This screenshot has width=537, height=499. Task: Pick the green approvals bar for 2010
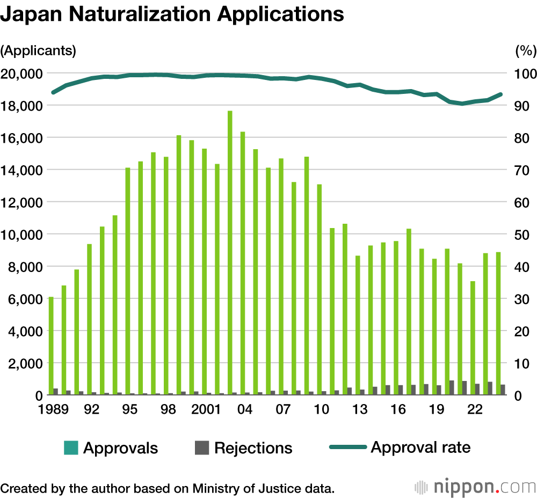click(x=320, y=290)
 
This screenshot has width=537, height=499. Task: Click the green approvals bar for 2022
click(x=473, y=338)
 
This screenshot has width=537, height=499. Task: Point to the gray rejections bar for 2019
click(x=439, y=390)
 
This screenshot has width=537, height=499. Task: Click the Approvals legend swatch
click(x=71, y=447)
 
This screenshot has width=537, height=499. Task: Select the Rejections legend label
click(x=253, y=448)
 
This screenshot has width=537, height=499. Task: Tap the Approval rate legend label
click(x=420, y=447)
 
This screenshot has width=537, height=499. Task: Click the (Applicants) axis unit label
click(x=38, y=51)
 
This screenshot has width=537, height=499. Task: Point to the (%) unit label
click(x=525, y=51)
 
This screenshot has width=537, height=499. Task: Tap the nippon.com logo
click(x=475, y=487)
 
